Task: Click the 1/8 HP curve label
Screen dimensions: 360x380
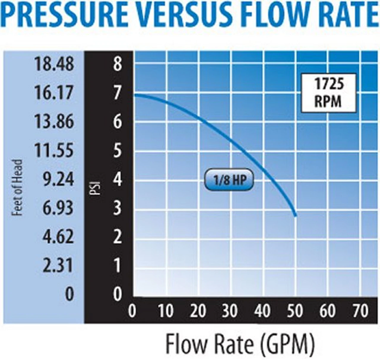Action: [229, 180]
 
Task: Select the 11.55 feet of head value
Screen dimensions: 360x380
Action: [54, 150]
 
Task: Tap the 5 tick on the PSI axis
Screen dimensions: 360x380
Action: [117, 150]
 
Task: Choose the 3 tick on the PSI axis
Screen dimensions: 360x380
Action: [117, 208]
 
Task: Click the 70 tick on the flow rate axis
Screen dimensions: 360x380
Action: [360, 311]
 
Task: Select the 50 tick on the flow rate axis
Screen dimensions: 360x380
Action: [295, 311]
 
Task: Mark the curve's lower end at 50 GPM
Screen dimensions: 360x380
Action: [295, 216]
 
